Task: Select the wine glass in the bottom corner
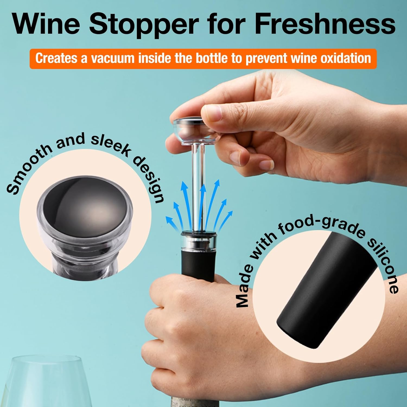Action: [x=46, y=383]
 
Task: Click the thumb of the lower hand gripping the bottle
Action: [x=168, y=293]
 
